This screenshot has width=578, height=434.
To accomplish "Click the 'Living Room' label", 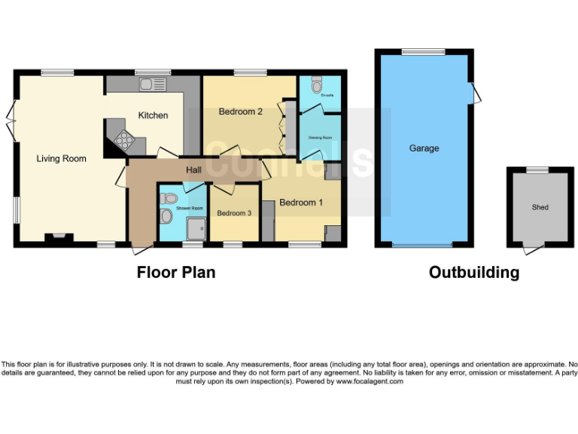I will (x=62, y=159).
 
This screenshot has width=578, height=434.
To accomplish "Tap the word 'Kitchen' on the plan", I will (x=152, y=115).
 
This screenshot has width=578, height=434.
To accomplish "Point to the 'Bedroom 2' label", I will (x=240, y=112).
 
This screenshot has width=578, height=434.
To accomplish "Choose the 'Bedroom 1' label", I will (x=301, y=203).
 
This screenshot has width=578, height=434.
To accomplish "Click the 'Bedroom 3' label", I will (x=233, y=213).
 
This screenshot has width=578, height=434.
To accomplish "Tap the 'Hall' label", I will (x=193, y=172).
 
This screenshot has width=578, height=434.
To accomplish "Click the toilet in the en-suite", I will (x=317, y=81).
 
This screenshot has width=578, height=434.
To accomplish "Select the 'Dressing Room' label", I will (x=321, y=138).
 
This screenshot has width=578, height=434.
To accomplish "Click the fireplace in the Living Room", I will (x=59, y=239).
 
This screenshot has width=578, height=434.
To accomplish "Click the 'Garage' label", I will (x=424, y=148).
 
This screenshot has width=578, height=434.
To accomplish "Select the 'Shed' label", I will (x=540, y=207).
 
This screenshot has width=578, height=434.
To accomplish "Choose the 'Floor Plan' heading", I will (x=175, y=272).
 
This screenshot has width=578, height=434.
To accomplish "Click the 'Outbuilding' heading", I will (x=473, y=272).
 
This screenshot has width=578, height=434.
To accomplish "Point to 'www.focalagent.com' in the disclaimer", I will (x=369, y=381).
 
